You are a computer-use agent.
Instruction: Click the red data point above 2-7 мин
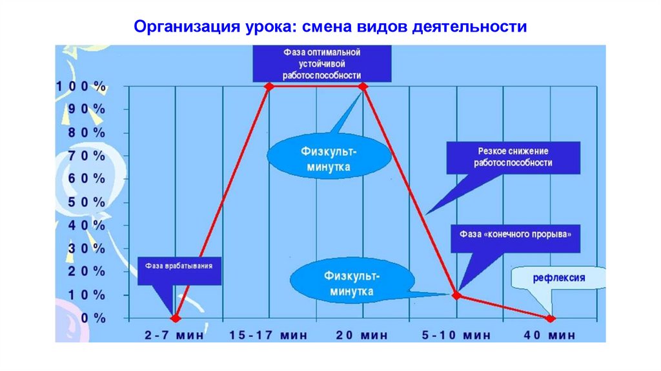pyautogui.click(x=175, y=318)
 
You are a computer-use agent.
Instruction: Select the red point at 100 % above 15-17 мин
pyautogui.click(x=269, y=87)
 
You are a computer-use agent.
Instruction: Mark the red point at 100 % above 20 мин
pyautogui.click(x=362, y=87)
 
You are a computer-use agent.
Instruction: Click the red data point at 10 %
pyautogui.click(x=456, y=295)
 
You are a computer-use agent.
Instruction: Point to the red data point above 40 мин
pyautogui.click(x=550, y=318)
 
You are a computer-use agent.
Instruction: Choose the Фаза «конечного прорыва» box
pyautogui.click(x=514, y=238)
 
